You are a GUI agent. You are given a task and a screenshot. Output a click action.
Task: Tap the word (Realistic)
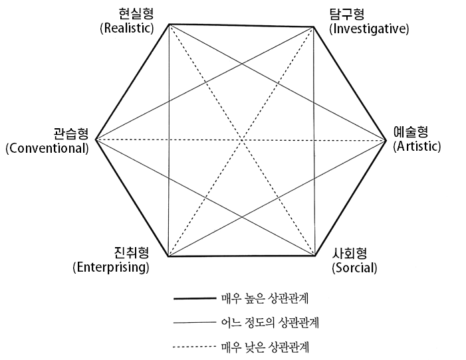point(126,28)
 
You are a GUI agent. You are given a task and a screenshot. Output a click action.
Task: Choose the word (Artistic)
point(417,146)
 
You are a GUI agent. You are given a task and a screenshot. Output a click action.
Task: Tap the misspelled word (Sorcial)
point(354,268)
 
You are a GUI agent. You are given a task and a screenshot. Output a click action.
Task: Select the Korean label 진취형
point(130,254)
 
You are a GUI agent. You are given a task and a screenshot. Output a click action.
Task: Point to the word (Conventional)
point(47,147)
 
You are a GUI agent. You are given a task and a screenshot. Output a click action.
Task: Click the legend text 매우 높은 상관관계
point(269,298)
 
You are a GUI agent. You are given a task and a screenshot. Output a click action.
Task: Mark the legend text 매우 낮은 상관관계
point(269,346)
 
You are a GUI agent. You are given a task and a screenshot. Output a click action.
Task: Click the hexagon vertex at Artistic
point(386,140)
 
